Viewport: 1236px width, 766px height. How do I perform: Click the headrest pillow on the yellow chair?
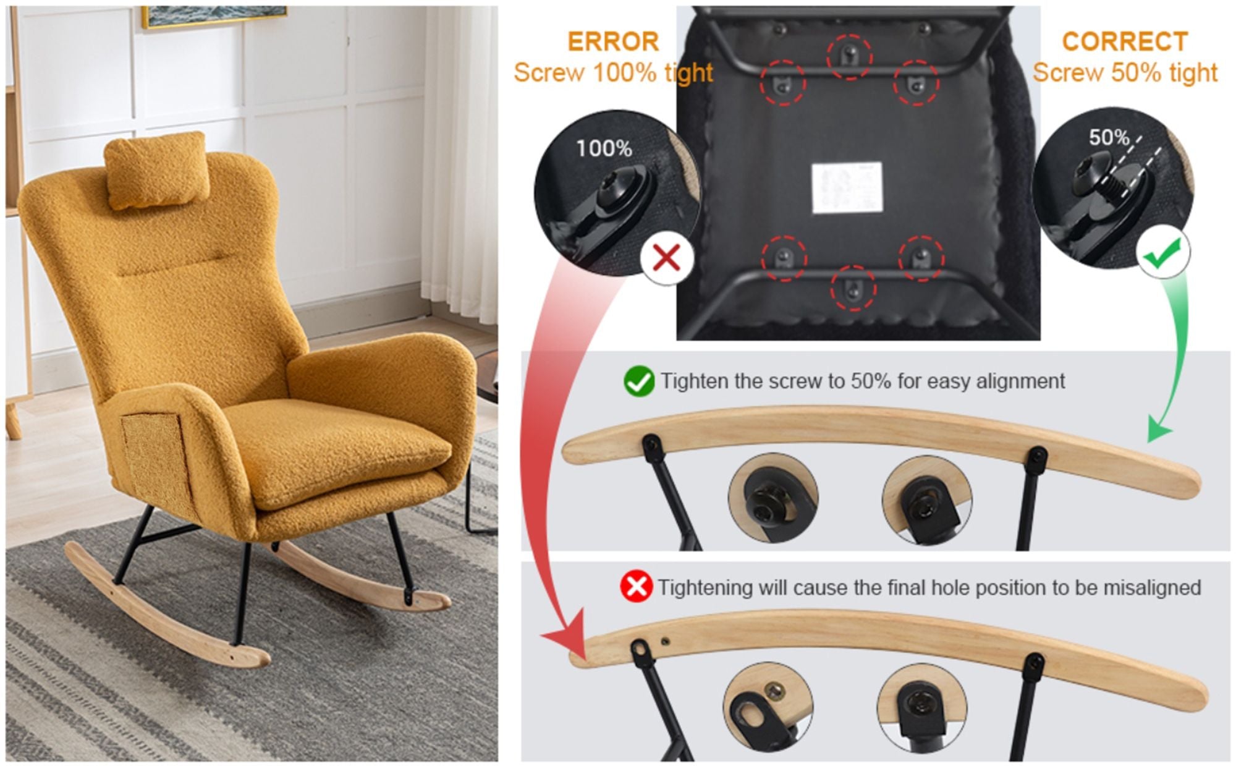pyautogui.click(x=156, y=169)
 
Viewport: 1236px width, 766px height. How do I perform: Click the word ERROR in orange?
pyautogui.click(x=613, y=42)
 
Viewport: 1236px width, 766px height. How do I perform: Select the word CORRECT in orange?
pyautogui.click(x=1125, y=42)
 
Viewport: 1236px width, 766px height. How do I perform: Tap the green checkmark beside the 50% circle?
pyautogui.click(x=1162, y=253)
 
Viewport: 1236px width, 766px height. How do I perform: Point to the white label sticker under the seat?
pyautogui.click(x=846, y=188)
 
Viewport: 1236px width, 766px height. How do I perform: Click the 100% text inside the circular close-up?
pyautogui.click(x=604, y=148)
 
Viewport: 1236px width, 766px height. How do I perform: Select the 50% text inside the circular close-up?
pyautogui.click(x=1109, y=137)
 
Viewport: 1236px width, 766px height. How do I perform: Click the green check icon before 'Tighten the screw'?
pyautogui.click(x=638, y=381)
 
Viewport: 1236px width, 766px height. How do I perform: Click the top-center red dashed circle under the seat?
pyautogui.click(x=850, y=56)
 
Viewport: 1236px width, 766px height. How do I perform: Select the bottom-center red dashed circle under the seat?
pyautogui.click(x=853, y=287)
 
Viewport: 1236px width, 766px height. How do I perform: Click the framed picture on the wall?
pyautogui.click(x=214, y=16)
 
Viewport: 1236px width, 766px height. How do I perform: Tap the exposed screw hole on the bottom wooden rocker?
pyautogui.click(x=665, y=641)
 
